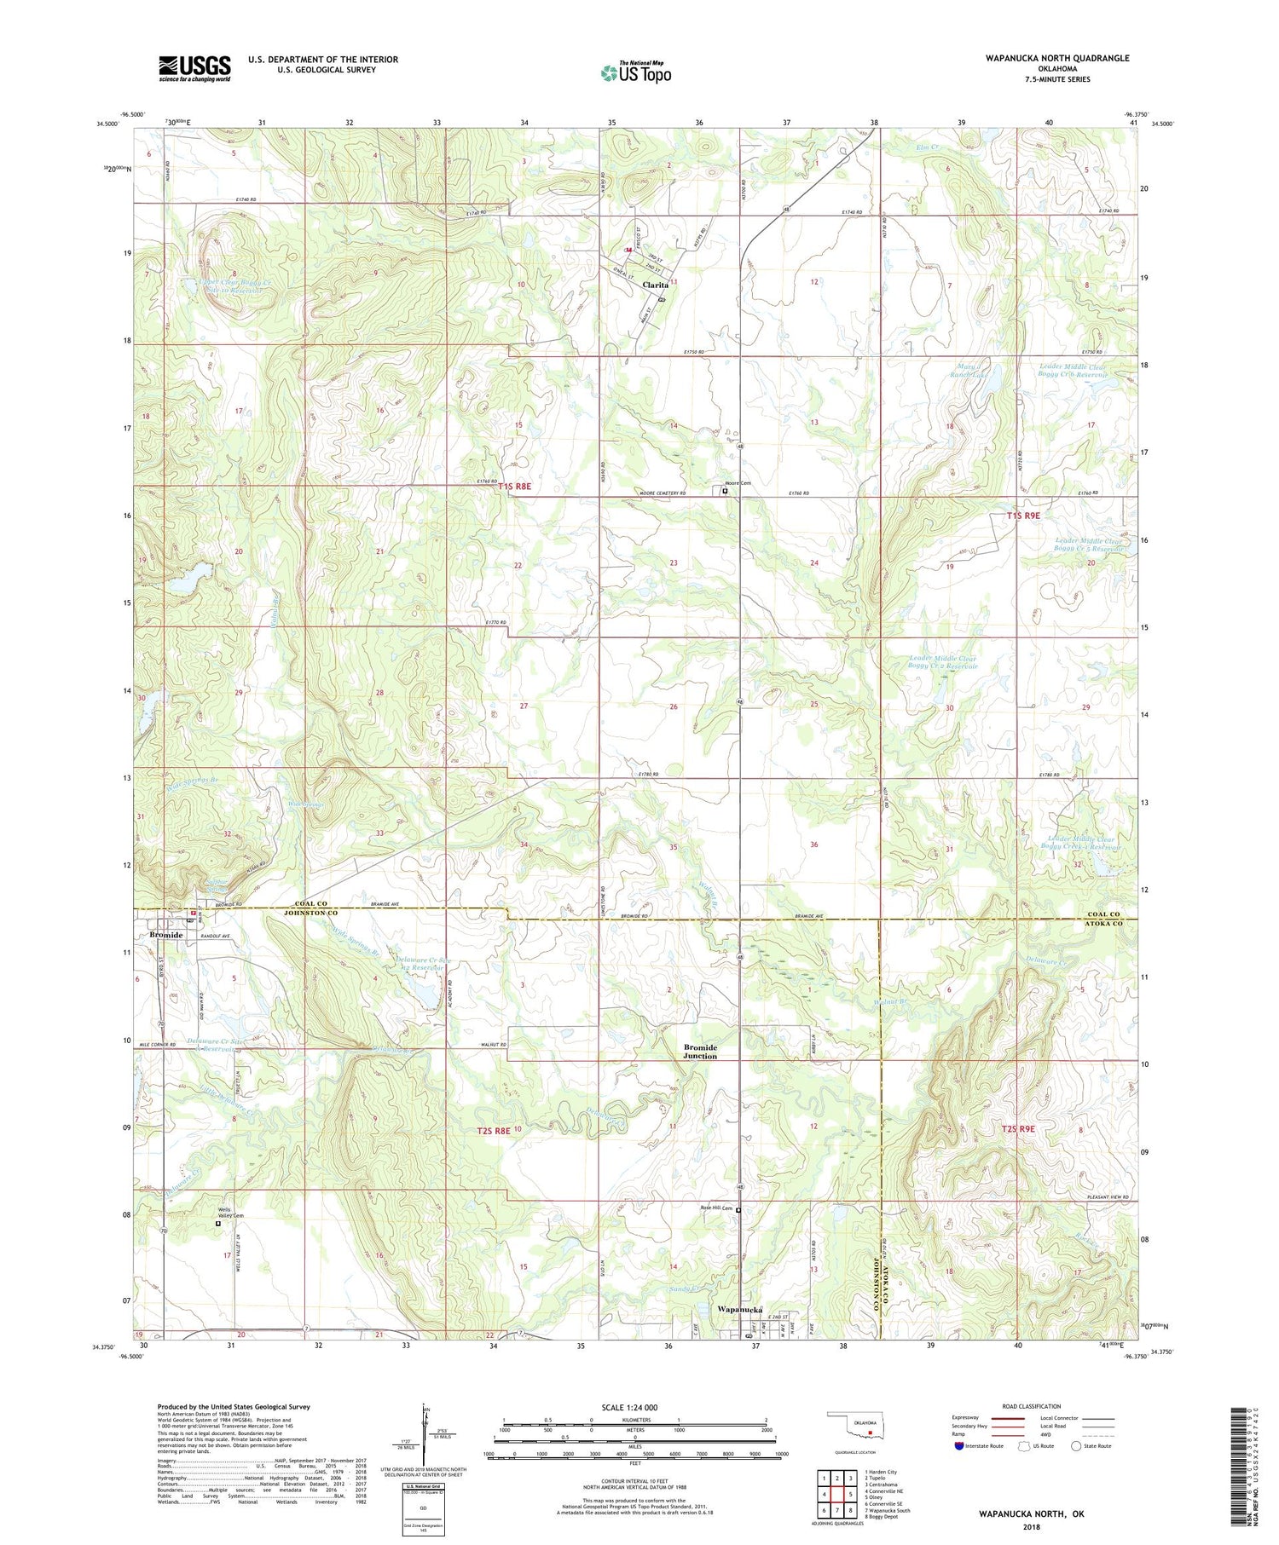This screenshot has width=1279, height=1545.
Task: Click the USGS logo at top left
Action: coord(194,68)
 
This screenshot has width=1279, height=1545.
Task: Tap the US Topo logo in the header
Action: coord(635,73)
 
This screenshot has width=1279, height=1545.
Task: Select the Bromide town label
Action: coord(165,935)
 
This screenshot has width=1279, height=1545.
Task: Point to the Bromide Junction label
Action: coord(700,1052)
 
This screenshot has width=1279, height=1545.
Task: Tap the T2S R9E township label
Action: coord(1018,1128)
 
